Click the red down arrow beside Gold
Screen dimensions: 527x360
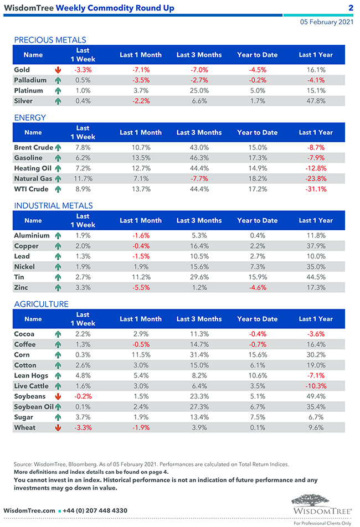(58, 70)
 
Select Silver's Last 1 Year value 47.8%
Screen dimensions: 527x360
(316, 101)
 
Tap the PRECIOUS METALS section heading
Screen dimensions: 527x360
(50, 40)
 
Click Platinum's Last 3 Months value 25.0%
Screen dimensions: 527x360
(199, 91)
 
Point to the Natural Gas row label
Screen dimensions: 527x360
(33, 179)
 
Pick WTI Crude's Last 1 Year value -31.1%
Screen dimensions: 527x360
(316, 189)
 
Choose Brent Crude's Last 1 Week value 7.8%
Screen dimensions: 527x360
(83, 148)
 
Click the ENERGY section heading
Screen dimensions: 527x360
(30, 117)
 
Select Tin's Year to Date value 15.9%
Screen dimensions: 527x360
(257, 277)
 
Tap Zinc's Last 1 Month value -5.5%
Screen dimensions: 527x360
(141, 288)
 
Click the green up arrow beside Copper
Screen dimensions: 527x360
(58, 246)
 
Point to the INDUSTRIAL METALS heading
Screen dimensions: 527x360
(53, 205)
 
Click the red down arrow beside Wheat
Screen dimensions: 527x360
(58, 428)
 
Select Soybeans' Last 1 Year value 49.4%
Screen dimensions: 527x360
(316, 396)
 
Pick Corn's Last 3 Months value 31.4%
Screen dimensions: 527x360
(199, 355)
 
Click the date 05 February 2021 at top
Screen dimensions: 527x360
(326, 22)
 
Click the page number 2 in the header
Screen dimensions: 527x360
(351, 8)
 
